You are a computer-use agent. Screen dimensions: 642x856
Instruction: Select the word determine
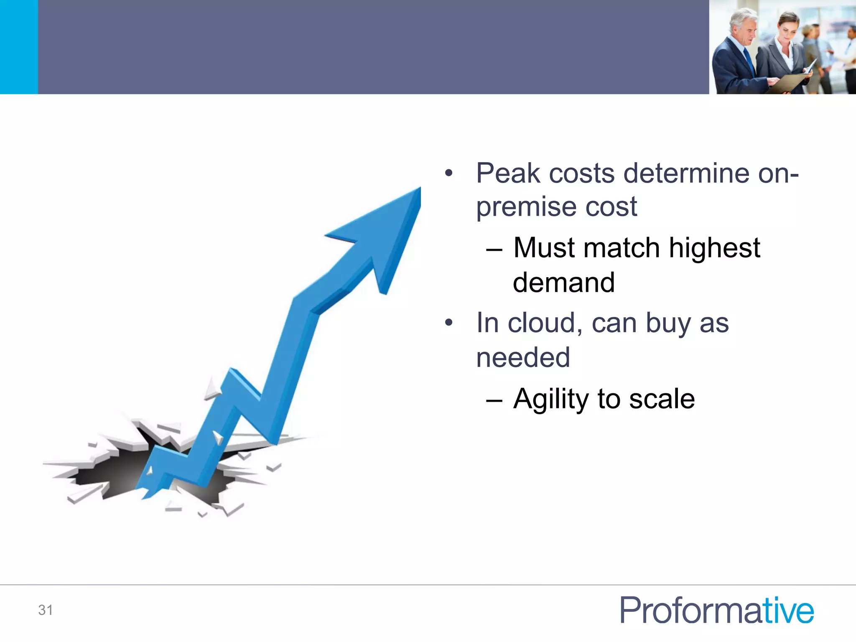point(687,173)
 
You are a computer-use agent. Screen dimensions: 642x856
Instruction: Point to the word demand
point(564,283)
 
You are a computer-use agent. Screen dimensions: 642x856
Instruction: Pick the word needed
point(523,358)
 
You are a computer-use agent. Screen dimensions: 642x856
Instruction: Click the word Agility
point(551,399)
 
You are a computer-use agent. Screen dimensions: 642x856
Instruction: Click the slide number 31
point(46,610)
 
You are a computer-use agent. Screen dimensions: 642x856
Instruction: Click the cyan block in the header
point(19,47)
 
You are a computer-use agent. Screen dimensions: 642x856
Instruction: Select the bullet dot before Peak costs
point(448,173)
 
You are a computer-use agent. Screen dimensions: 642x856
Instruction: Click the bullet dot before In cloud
point(448,323)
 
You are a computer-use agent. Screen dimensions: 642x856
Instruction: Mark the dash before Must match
point(494,250)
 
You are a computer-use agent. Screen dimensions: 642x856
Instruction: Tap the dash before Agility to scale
point(494,401)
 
